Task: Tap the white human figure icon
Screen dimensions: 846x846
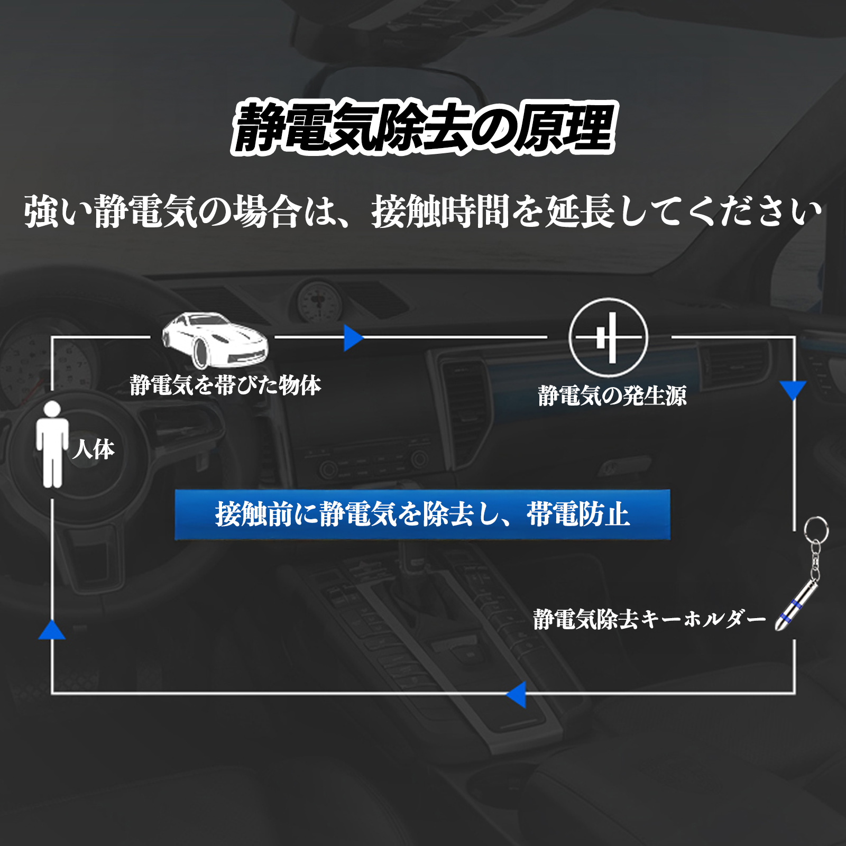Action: point(52,444)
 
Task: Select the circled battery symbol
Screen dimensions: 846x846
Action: point(609,337)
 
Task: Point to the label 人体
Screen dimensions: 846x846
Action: point(94,449)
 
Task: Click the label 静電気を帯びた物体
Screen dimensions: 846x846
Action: point(226,385)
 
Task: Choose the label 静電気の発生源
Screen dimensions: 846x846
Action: point(612,396)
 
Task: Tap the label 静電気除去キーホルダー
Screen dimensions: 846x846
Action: point(649,619)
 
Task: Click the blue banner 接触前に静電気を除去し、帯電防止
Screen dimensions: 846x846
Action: point(422,514)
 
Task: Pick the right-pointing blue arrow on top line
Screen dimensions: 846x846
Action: point(353,337)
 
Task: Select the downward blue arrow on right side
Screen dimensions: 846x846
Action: point(793,390)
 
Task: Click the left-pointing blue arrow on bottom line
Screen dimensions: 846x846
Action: point(517,694)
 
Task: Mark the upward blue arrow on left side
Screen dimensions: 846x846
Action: point(52,630)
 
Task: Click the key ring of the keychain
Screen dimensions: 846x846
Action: point(816,529)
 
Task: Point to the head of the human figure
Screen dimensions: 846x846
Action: point(52,409)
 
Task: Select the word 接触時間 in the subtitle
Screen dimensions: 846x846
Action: point(440,212)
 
